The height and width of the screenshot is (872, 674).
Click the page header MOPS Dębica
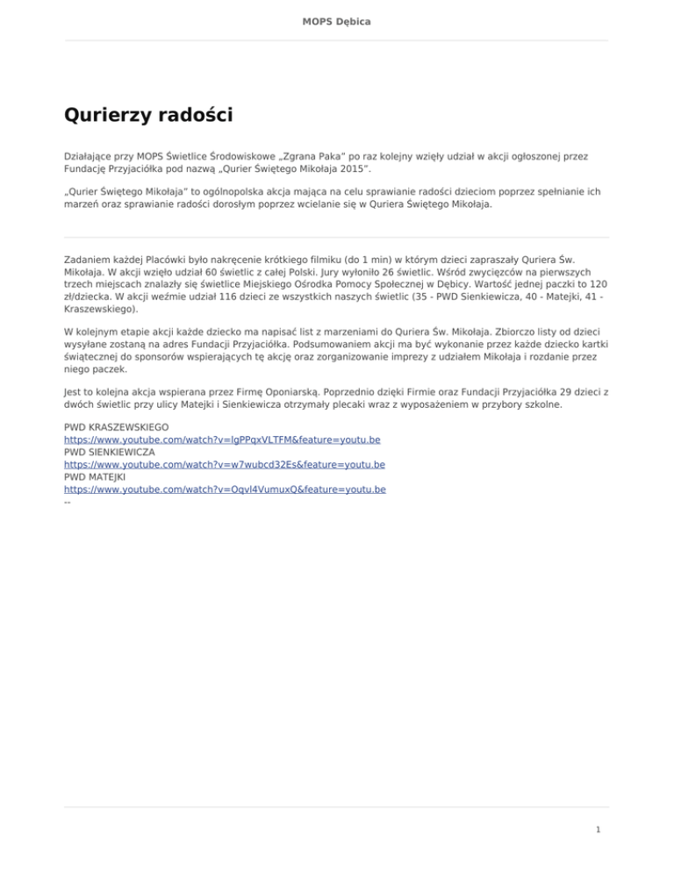tap(337, 20)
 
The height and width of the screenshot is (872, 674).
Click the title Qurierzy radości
tap(148, 115)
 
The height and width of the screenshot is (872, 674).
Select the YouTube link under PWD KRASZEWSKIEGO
tap(222, 440)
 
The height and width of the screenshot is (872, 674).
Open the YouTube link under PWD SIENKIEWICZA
tap(225, 464)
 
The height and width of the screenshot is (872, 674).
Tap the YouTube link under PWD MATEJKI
tap(225, 489)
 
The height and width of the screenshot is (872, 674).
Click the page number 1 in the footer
tap(598, 829)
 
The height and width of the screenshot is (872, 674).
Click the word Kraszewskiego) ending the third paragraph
tap(99, 310)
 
